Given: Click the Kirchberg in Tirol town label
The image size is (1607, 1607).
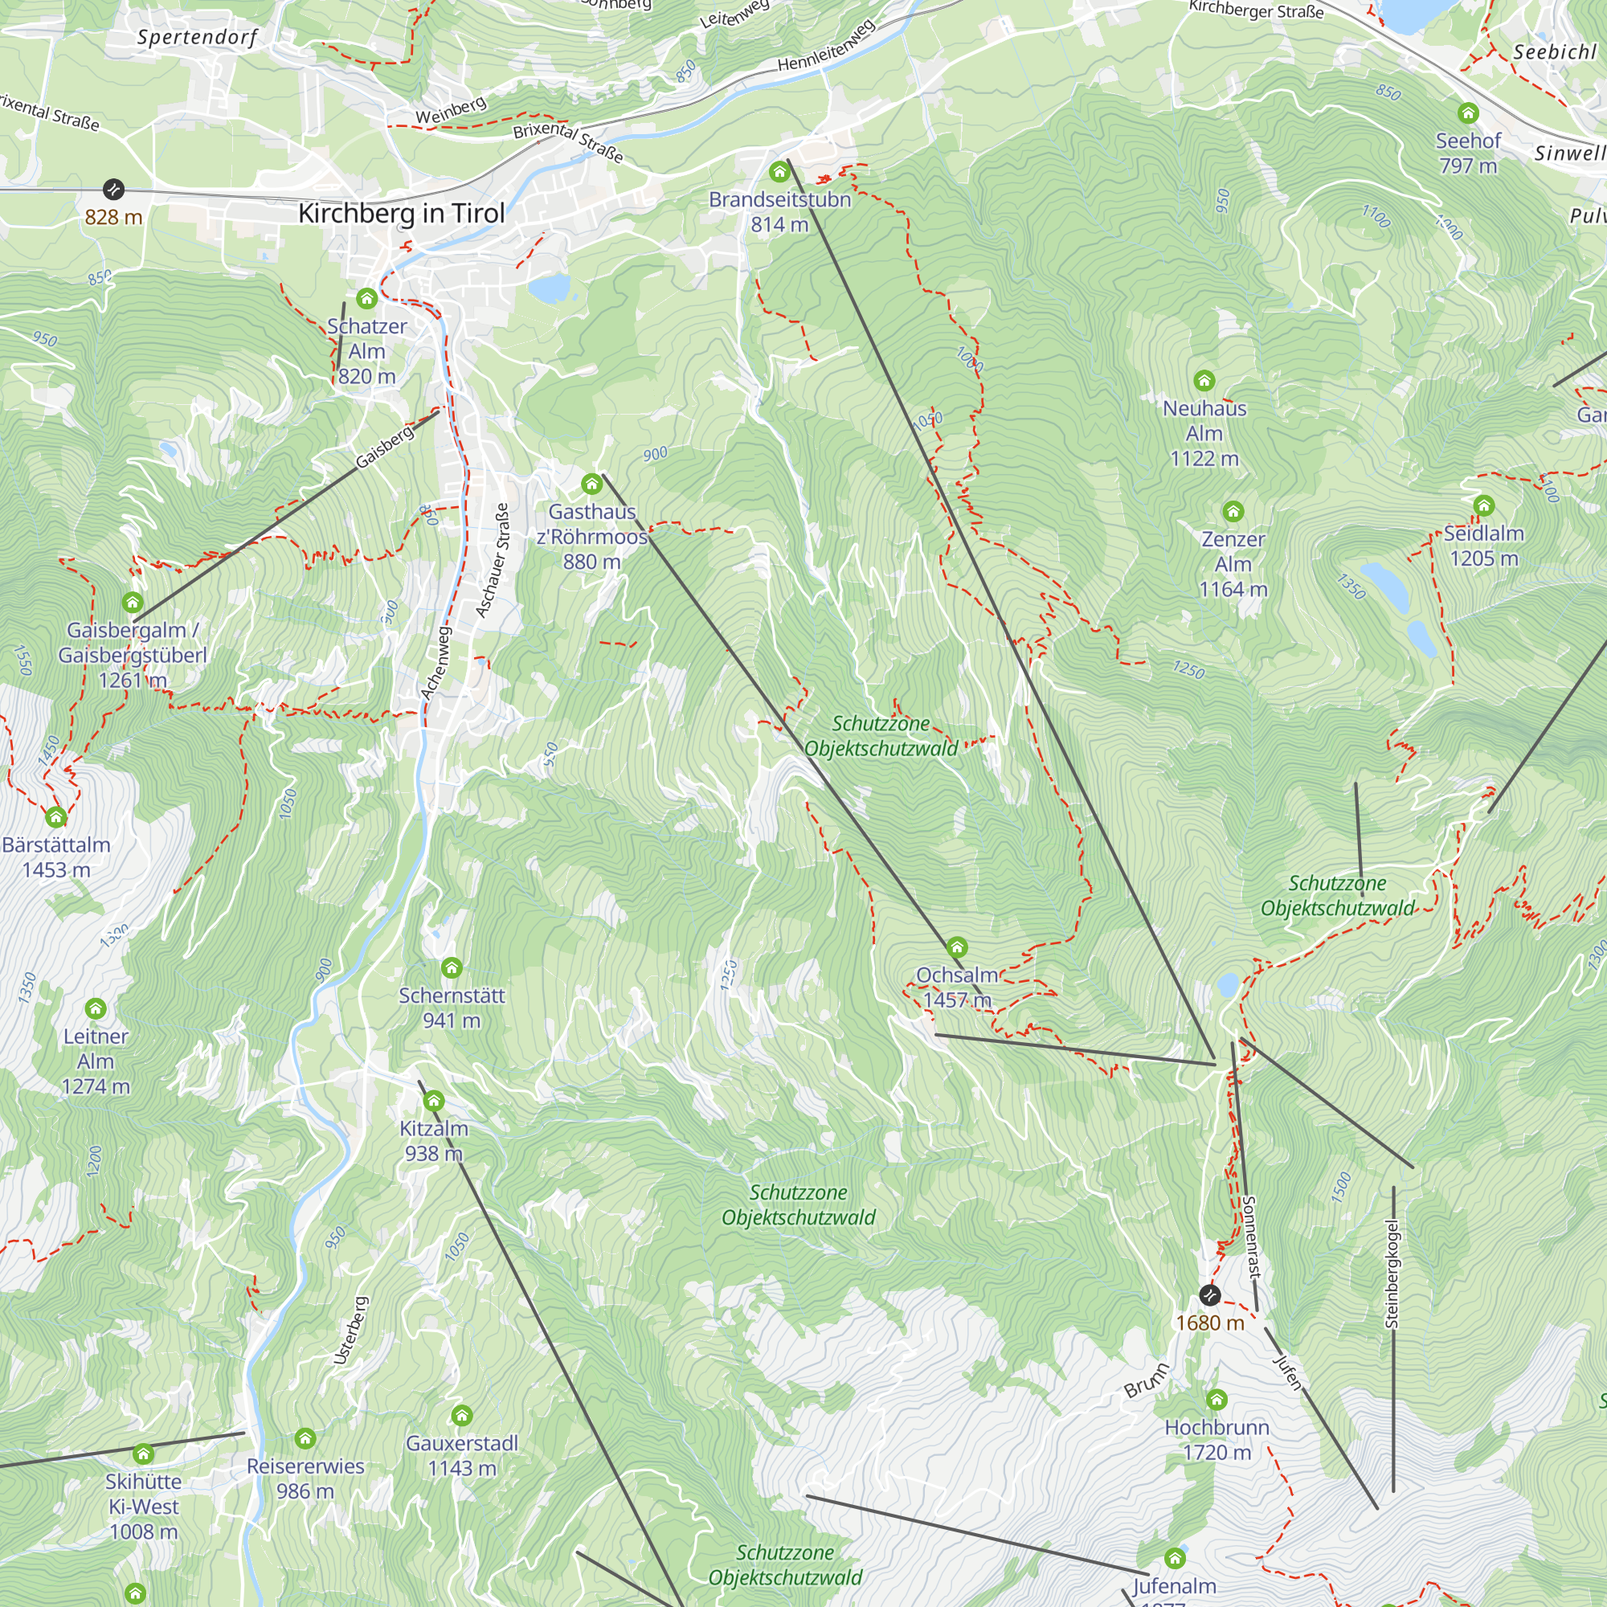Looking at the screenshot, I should [x=402, y=214].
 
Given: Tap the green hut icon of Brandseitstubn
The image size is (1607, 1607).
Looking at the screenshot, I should [x=779, y=172].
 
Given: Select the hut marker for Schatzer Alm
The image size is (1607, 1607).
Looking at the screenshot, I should [x=367, y=299].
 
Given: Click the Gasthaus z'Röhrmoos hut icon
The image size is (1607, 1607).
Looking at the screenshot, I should [x=591, y=483].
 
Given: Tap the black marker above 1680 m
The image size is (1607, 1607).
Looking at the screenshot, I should [x=1209, y=1295].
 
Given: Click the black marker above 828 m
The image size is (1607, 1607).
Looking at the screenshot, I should [x=113, y=190].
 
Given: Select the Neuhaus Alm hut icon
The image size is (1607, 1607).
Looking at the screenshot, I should [x=1204, y=381].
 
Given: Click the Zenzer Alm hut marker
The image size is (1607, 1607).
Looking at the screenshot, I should [x=1233, y=511].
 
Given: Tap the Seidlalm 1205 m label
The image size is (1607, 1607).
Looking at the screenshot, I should [x=1484, y=546].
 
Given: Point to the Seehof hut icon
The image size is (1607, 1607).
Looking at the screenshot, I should [x=1468, y=112].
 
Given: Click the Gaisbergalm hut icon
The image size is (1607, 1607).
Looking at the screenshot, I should [x=133, y=602].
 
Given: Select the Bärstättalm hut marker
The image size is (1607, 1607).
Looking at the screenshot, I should [x=55, y=817].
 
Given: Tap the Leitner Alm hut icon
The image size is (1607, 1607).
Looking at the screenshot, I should [x=96, y=1009].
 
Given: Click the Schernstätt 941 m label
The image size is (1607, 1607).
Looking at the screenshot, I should [x=452, y=1008].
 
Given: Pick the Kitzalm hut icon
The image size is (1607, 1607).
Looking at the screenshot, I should [x=433, y=1102].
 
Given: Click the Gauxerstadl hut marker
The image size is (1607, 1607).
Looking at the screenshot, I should [x=462, y=1415].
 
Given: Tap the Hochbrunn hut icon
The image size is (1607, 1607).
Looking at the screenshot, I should [x=1216, y=1399].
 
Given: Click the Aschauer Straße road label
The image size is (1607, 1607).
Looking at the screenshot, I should [x=492, y=560].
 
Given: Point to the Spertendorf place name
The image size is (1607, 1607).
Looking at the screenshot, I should [x=197, y=38].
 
